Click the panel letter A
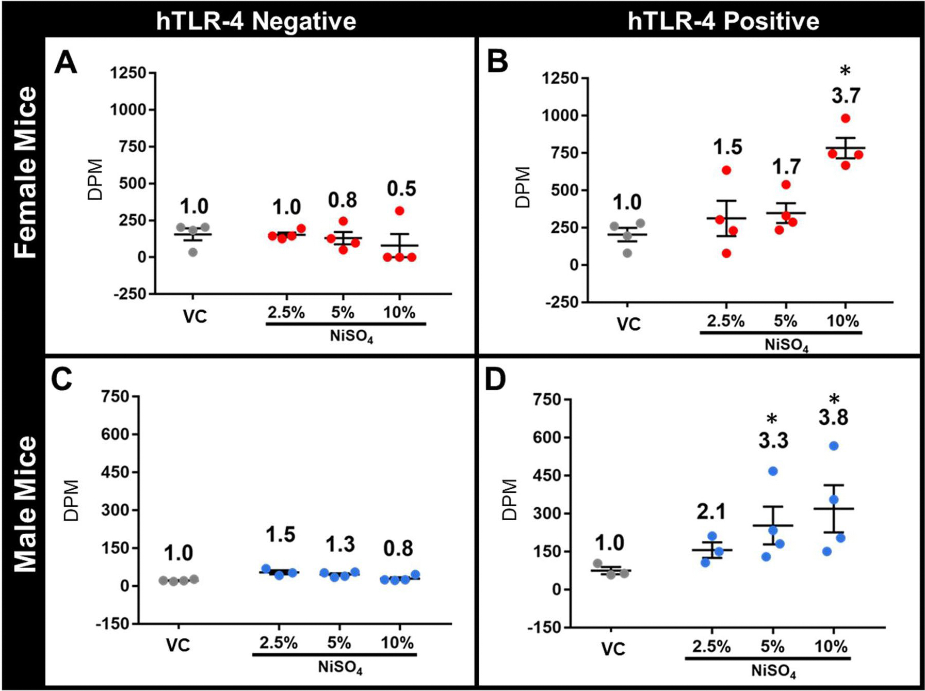(66, 65)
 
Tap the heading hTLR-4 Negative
(256, 22)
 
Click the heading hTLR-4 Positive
(723, 22)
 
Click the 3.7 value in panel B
(846, 95)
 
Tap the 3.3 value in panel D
(773, 441)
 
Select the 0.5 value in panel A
(401, 189)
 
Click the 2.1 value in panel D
(711, 511)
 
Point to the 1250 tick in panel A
(128, 73)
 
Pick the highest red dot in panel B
(845, 118)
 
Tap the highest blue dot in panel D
(834, 446)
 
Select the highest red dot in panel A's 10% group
(399, 211)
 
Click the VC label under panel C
(178, 645)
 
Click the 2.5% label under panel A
(286, 313)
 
